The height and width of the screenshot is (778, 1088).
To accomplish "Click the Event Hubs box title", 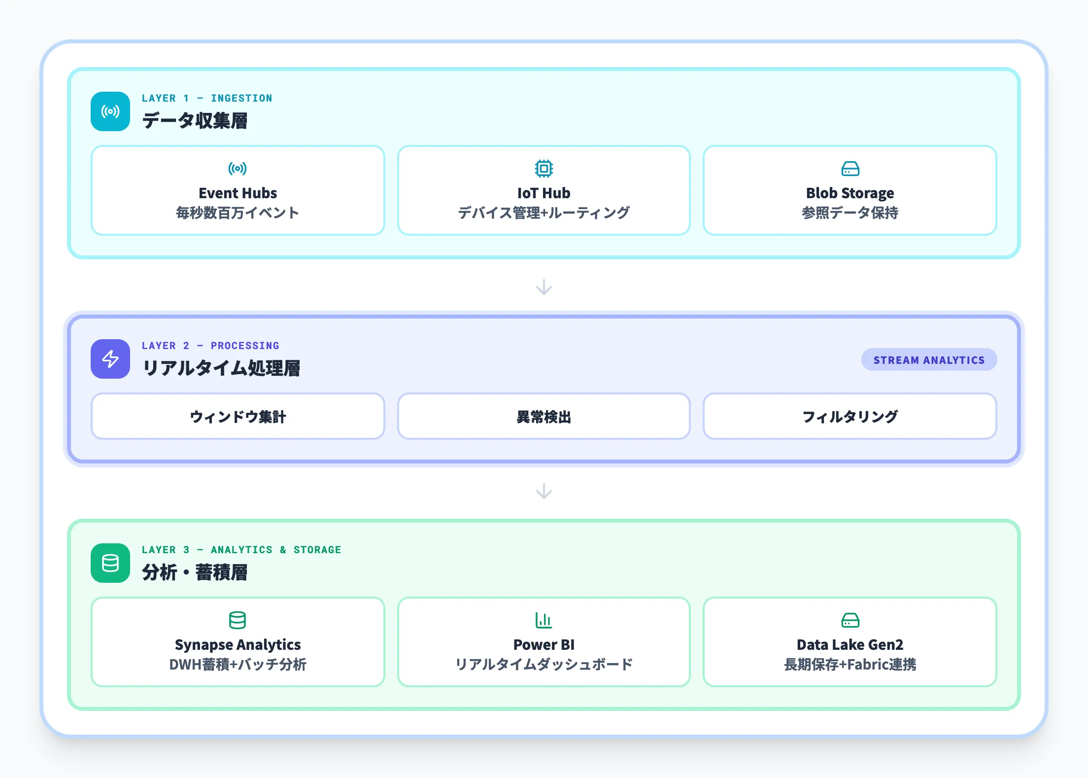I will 238,193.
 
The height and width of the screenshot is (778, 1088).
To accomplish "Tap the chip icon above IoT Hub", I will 544,169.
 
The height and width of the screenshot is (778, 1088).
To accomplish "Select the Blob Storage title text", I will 850,193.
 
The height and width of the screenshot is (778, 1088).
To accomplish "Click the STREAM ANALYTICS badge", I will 928,360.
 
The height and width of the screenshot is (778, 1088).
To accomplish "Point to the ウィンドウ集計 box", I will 238,416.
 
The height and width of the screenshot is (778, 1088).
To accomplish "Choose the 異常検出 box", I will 544,416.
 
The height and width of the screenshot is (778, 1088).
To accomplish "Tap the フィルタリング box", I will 850,416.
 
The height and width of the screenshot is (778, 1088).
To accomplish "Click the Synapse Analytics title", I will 238,644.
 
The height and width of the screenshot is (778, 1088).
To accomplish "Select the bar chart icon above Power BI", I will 544,620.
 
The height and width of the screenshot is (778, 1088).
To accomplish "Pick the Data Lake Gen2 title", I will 850,644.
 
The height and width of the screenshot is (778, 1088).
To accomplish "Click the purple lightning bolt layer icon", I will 110,359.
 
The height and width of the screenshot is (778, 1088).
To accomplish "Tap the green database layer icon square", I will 110,563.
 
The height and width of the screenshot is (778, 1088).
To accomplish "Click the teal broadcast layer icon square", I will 110,111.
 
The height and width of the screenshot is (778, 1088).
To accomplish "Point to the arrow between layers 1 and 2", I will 544,287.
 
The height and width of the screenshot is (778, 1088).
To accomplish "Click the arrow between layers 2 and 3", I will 544,491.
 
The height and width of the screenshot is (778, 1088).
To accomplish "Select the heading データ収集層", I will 195,121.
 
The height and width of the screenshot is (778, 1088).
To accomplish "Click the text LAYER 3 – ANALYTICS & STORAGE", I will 241,550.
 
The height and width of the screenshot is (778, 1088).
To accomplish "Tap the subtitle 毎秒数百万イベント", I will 238,212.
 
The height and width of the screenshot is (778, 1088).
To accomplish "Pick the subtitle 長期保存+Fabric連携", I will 850,664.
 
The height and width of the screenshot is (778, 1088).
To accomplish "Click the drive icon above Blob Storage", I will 850,169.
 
